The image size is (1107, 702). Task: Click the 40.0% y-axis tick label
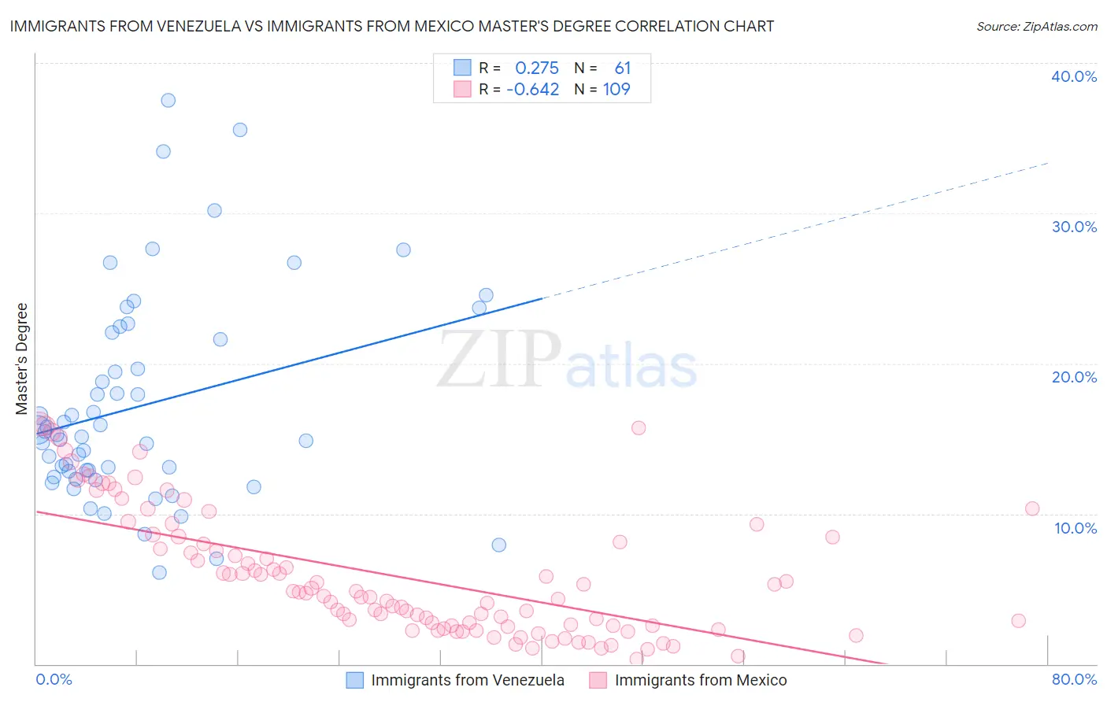coord(1073,76)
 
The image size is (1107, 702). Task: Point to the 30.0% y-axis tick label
coord(1073,227)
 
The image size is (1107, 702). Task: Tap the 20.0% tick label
coord(1073,377)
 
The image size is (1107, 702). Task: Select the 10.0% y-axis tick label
coord(1075,527)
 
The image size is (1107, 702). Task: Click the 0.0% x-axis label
coord(54,679)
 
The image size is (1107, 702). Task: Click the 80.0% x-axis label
coord(1074,679)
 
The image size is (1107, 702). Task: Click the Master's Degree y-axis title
coord(21,358)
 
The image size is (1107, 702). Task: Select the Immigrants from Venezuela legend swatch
coord(355,680)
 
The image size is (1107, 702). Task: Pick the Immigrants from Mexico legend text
coord(700,680)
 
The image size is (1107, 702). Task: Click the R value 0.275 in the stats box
coord(536,68)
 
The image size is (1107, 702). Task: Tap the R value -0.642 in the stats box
coord(532,89)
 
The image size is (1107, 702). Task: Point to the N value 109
coord(616,89)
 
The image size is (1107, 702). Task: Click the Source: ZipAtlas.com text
coord(1036,26)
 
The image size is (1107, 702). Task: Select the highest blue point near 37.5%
coord(168,100)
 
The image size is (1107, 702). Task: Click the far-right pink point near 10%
coord(1032,508)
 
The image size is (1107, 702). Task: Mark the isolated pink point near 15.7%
coord(639,427)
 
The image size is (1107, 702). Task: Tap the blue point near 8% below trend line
coord(498,545)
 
